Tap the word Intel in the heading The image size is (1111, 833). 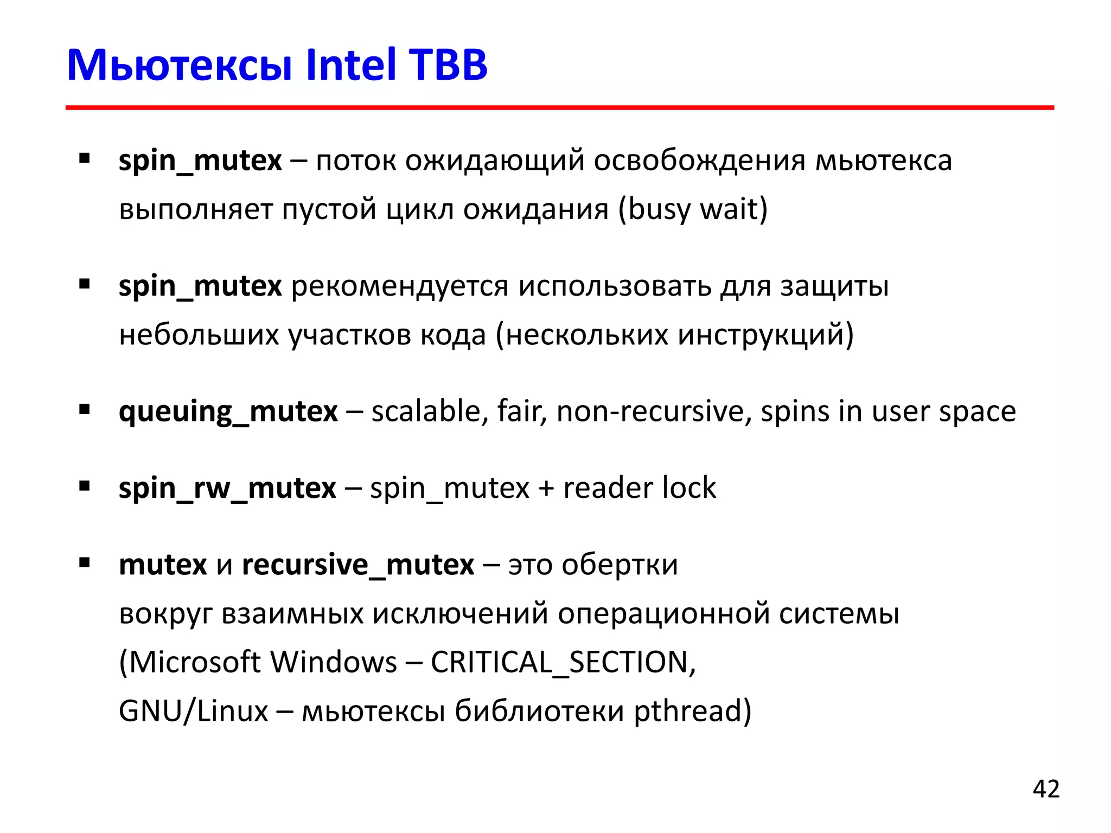pyautogui.click(x=351, y=65)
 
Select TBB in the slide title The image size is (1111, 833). pyautogui.click(x=448, y=65)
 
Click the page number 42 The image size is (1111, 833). pyautogui.click(x=1046, y=789)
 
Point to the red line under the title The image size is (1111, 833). pyautogui.click(x=559, y=108)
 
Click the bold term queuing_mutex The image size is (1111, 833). pyautogui.click(x=228, y=412)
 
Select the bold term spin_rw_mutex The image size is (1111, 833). pyautogui.click(x=227, y=488)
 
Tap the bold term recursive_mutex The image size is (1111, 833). pyautogui.click(x=358, y=565)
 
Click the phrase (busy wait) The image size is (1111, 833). pyautogui.click(x=693, y=209)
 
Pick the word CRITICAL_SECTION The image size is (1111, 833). pyautogui.click(x=563, y=662)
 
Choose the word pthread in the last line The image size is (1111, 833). pyautogui.click(x=693, y=711)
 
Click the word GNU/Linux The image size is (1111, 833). pyautogui.click(x=193, y=711)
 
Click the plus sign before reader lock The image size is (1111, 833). pyautogui.click(x=546, y=489)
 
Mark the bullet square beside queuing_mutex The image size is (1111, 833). pyautogui.click(x=84, y=409)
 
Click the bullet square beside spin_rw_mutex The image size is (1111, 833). pyautogui.click(x=84, y=486)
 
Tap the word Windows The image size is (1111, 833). pyautogui.click(x=334, y=662)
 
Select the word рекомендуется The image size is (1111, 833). pyautogui.click(x=400, y=286)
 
